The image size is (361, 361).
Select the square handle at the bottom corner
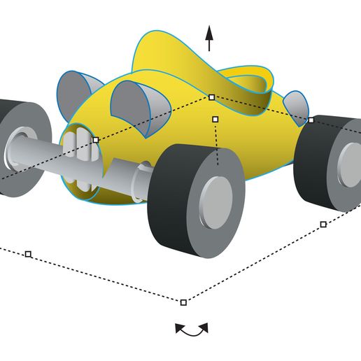183,302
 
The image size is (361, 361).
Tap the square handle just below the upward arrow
211,97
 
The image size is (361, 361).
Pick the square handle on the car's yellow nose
96,140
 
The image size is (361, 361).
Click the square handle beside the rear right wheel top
311,120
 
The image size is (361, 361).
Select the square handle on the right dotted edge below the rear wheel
323,224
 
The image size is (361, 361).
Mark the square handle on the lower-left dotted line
28,254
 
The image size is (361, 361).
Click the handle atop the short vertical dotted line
215,120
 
